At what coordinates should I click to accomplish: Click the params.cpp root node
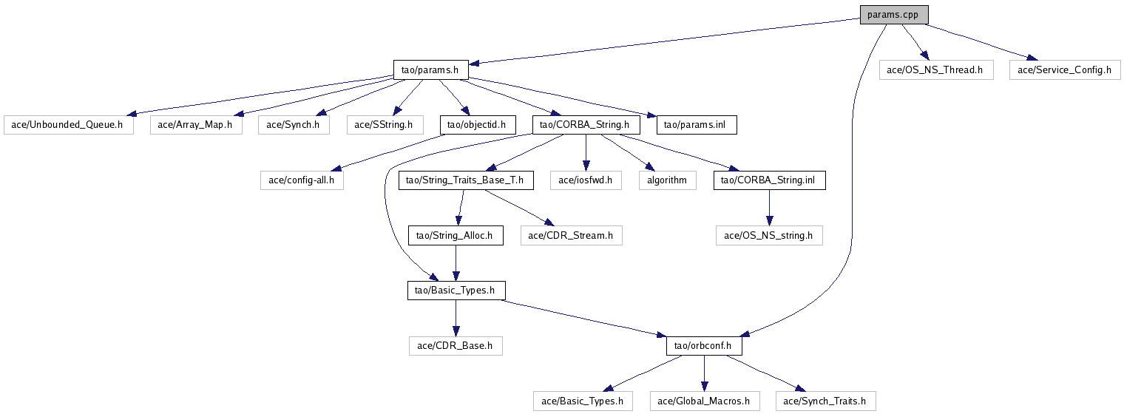pos(893,14)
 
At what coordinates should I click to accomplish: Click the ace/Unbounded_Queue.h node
pos(69,124)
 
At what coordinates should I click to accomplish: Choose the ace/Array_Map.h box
pos(196,124)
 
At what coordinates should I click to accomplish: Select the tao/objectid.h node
pos(477,124)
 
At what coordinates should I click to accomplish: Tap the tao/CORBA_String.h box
pos(585,124)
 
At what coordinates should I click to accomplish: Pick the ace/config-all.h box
pos(302,180)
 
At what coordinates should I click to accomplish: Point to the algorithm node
pos(667,180)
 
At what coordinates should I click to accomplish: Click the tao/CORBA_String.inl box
pos(769,180)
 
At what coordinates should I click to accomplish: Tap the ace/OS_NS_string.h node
pos(769,235)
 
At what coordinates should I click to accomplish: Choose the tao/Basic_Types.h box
pos(456,291)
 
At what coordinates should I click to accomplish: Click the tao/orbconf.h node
pos(703,345)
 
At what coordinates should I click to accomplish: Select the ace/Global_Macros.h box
pos(703,401)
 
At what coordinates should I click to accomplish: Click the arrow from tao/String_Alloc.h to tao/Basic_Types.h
pos(456,263)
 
